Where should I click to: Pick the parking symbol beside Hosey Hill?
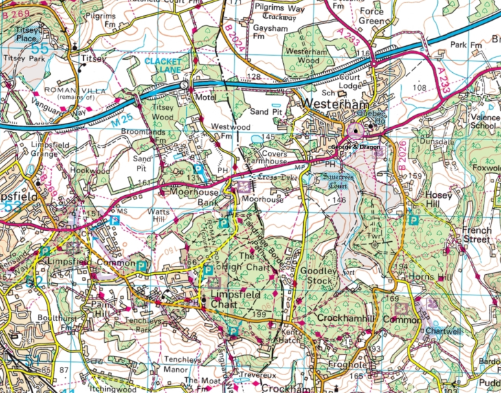tap(414, 221)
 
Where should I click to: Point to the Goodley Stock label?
tap(317, 276)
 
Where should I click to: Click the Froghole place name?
tap(339, 367)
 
